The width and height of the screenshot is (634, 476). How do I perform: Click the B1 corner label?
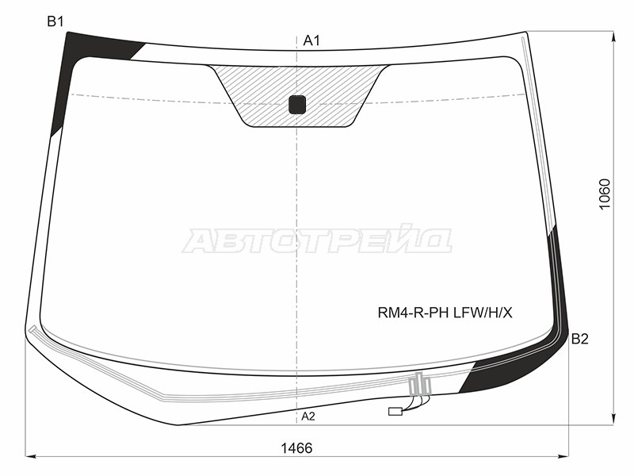[55, 21]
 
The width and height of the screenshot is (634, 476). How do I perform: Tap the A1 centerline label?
[311, 40]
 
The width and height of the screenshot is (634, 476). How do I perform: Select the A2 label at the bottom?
[308, 416]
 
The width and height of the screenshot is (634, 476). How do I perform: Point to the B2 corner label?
[580, 339]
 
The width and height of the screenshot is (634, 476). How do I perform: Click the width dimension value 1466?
[296, 448]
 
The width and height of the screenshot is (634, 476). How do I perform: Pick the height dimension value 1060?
[605, 194]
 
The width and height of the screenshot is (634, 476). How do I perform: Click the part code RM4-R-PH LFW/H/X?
[445, 313]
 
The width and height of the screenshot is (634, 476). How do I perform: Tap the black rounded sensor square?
[297, 105]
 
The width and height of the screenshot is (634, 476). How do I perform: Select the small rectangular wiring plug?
[395, 412]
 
